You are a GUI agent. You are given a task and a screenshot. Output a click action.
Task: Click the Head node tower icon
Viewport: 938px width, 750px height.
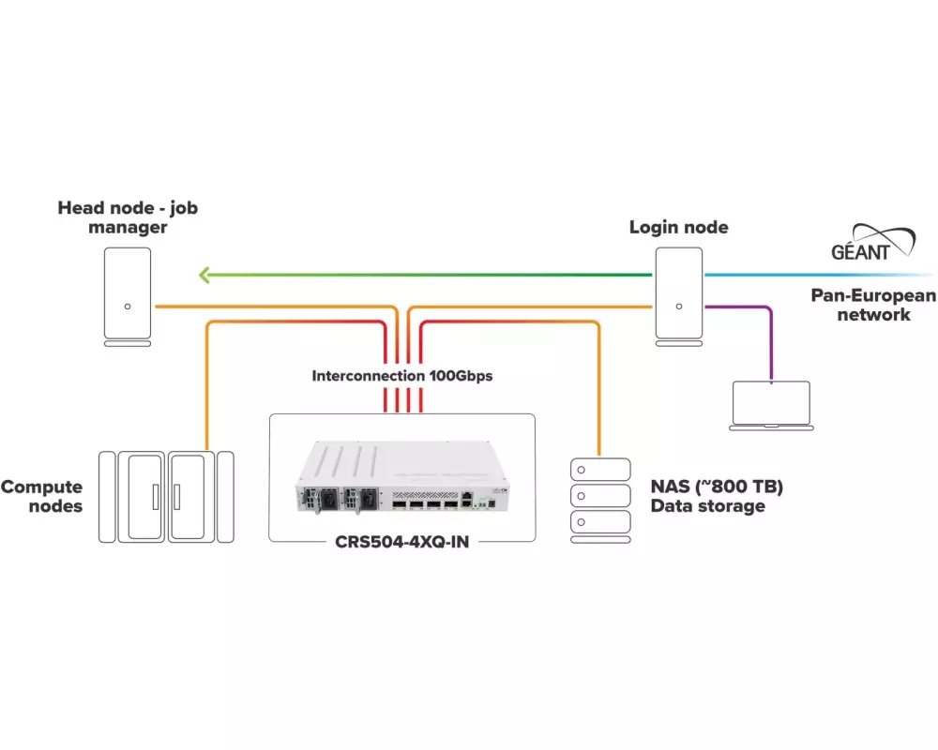(128, 292)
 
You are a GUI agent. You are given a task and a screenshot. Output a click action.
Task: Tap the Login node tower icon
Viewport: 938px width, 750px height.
(678, 292)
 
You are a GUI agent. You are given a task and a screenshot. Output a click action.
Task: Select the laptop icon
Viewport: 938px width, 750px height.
(771, 405)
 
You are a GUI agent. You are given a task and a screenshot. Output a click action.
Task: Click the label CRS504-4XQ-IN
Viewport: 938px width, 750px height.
(401, 542)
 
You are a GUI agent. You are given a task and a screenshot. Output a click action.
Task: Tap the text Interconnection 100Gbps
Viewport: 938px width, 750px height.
(402, 376)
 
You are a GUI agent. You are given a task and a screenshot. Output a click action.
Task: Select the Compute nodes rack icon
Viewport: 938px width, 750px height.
(167, 497)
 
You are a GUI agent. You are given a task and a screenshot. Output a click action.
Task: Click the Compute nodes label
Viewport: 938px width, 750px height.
(42, 497)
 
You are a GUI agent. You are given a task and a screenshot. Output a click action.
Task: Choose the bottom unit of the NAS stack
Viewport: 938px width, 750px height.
(599, 522)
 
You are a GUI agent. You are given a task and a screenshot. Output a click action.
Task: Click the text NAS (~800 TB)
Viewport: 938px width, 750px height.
(717, 487)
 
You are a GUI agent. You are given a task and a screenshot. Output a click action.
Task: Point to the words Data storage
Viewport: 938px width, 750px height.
(708, 507)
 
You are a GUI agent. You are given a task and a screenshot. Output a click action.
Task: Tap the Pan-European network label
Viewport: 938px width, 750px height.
(873, 306)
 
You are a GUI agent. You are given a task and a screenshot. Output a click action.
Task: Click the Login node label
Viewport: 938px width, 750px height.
(678, 227)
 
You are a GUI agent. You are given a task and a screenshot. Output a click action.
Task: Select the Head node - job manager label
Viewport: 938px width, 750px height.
(128, 217)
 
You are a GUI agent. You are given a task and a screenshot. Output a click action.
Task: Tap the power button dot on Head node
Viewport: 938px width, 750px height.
(128, 306)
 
